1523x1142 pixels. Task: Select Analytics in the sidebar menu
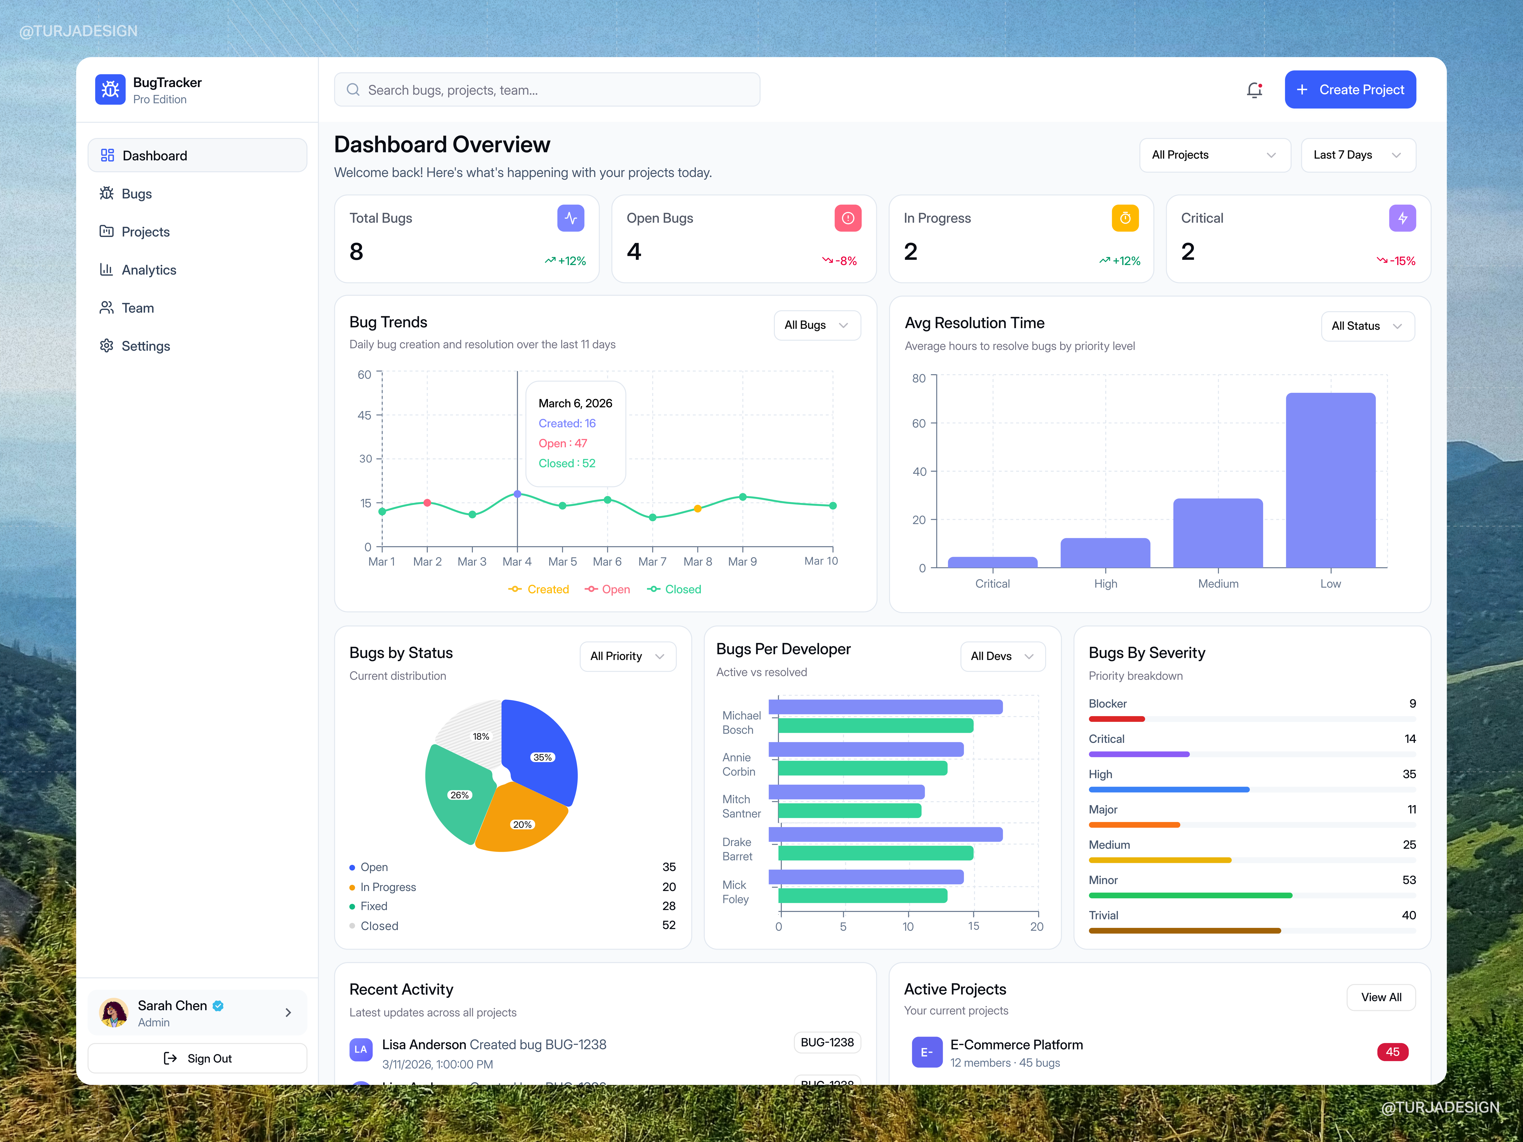point(149,270)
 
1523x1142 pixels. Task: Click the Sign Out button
point(198,1058)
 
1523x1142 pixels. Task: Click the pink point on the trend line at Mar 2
point(427,503)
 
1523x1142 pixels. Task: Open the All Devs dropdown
point(1002,656)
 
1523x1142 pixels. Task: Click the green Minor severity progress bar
point(1190,896)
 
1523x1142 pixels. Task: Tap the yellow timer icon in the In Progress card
point(1124,218)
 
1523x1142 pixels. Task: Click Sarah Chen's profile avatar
point(114,1013)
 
